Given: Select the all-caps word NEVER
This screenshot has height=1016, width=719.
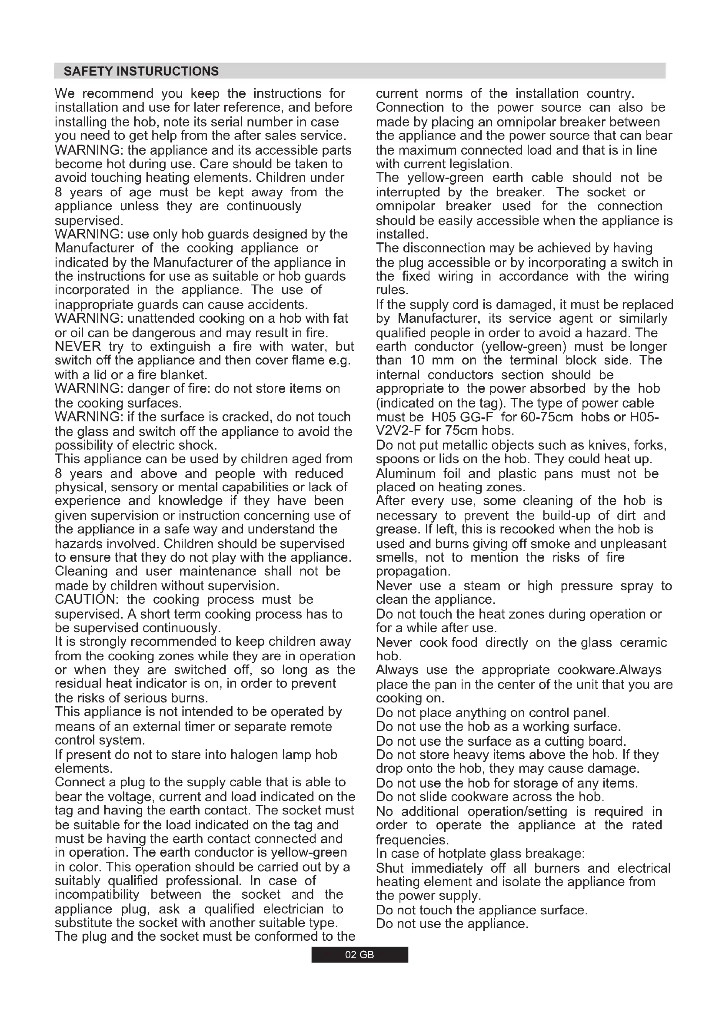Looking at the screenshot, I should point(78,346).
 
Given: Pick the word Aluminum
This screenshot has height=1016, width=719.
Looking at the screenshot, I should point(405,473).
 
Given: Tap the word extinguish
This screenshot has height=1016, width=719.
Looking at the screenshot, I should point(180,346).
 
